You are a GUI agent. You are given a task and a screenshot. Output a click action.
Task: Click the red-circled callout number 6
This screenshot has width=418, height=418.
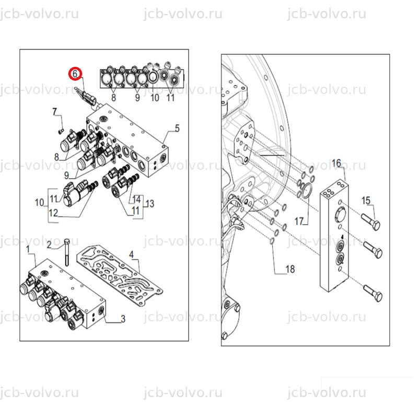(75, 73)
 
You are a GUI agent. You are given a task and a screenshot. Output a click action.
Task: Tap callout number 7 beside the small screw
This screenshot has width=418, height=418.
(55, 111)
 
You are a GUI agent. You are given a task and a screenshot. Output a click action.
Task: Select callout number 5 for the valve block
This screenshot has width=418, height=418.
(177, 128)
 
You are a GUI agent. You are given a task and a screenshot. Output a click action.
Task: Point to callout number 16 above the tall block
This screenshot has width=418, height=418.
(336, 163)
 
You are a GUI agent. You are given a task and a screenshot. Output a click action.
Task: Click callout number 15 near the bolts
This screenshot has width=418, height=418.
(366, 201)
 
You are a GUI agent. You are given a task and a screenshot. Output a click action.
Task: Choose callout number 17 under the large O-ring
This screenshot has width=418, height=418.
(299, 221)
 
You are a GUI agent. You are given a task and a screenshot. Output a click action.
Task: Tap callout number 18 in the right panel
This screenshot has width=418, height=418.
(291, 269)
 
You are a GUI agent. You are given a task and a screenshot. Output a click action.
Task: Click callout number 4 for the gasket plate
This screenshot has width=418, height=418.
(132, 254)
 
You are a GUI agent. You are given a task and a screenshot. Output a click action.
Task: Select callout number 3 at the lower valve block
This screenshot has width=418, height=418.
(123, 319)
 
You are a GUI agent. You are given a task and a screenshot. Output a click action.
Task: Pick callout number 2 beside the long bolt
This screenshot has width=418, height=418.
(49, 245)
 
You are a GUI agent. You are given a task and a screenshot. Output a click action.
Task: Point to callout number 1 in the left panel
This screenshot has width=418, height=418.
(28, 250)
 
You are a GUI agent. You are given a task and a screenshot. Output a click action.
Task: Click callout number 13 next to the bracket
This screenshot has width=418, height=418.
(150, 204)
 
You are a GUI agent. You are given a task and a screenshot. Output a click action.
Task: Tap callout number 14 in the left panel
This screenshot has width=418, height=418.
(136, 200)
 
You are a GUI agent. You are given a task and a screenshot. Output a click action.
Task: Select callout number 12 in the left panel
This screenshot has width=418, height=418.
(53, 213)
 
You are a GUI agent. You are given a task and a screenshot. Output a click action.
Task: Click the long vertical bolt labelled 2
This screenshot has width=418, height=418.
(67, 252)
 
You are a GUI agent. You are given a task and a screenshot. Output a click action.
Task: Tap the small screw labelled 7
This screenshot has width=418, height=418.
(61, 131)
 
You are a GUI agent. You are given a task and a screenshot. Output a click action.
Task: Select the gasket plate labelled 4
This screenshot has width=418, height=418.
(120, 276)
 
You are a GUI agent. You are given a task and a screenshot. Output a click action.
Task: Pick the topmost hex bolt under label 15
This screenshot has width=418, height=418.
(371, 222)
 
